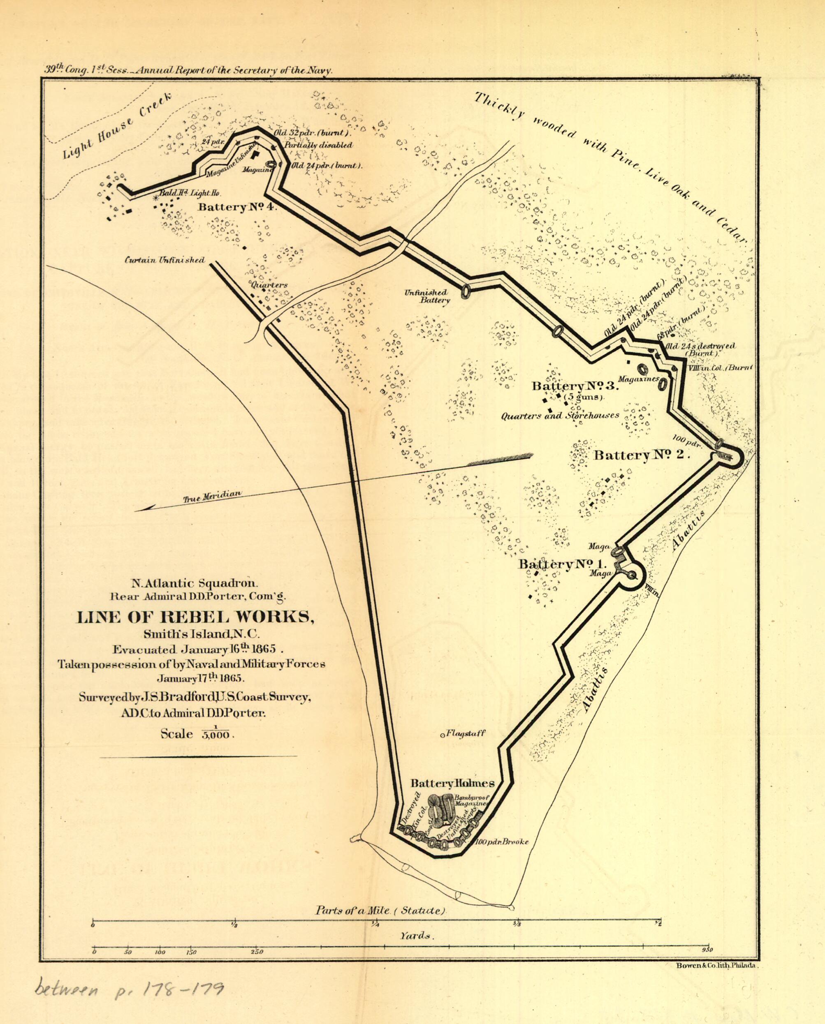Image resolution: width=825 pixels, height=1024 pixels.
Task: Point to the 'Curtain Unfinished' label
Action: coord(165,260)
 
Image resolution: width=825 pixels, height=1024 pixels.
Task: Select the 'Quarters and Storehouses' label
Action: coord(560,415)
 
